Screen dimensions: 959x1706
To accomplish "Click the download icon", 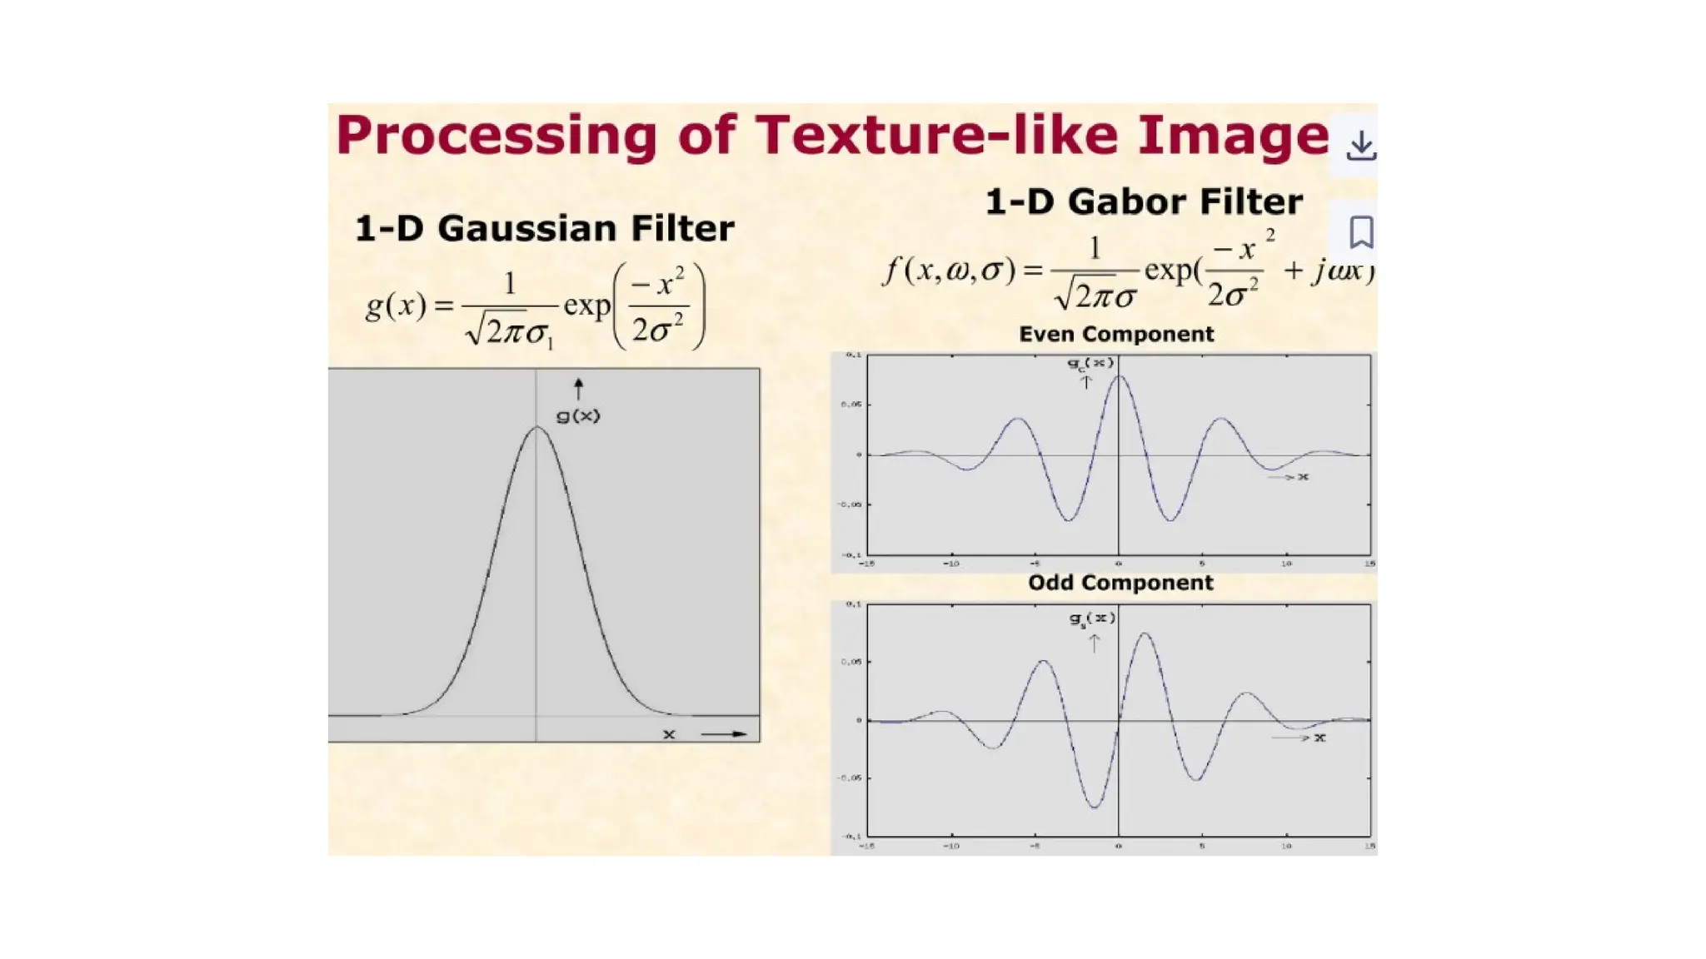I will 1360,146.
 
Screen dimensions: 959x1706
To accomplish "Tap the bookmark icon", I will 1361,232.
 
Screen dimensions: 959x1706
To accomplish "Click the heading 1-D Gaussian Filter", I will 545,228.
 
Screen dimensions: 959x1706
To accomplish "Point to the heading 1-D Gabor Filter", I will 1144,201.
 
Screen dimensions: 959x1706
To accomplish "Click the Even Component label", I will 1116,334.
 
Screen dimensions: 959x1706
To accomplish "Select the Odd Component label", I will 1120,583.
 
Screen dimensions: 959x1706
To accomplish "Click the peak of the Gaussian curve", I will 537,428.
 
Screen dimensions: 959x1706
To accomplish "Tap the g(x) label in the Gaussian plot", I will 578,415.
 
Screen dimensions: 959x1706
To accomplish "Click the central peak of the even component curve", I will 1119,376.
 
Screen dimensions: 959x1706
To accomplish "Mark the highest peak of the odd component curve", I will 1145,634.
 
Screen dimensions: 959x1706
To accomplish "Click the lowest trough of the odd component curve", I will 1095,807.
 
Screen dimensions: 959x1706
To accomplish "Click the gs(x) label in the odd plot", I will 1092,619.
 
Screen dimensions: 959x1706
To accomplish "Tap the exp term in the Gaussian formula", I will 587,306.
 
